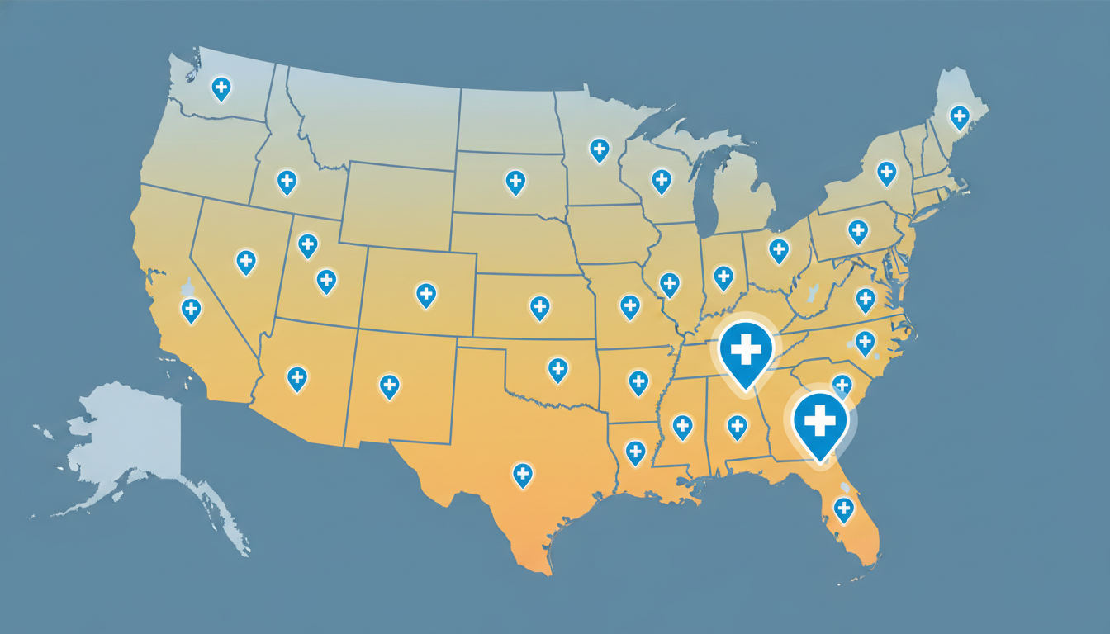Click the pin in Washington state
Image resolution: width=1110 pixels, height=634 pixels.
pyautogui.click(x=221, y=88)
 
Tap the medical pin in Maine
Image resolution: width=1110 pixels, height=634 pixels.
pyautogui.click(x=959, y=116)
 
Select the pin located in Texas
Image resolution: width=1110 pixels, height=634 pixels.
pyautogui.click(x=522, y=474)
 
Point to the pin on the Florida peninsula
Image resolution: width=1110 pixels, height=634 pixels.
pyautogui.click(x=843, y=508)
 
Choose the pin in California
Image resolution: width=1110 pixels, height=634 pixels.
pyautogui.click(x=191, y=310)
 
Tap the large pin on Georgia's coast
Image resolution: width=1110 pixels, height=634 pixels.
pyautogui.click(x=820, y=422)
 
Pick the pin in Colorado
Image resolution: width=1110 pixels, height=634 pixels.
pyautogui.click(x=426, y=293)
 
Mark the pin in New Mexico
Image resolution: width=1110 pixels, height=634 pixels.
pyautogui.click(x=389, y=385)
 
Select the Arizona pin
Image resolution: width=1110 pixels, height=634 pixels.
pyautogui.click(x=297, y=377)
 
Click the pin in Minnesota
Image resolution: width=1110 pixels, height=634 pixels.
pyautogui.click(x=599, y=149)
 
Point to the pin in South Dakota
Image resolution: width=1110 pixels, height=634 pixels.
pyautogui.click(x=515, y=181)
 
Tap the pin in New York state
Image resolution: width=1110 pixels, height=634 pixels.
pyautogui.click(x=886, y=172)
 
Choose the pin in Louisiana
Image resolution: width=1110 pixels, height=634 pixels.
pyautogui.click(x=635, y=451)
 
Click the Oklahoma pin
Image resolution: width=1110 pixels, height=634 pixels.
pyautogui.click(x=558, y=368)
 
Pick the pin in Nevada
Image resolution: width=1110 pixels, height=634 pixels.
pyautogui.click(x=246, y=261)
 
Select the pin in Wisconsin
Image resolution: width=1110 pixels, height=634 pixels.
pyautogui.click(x=661, y=180)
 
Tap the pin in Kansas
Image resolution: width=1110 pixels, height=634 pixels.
pyautogui.click(x=539, y=307)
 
